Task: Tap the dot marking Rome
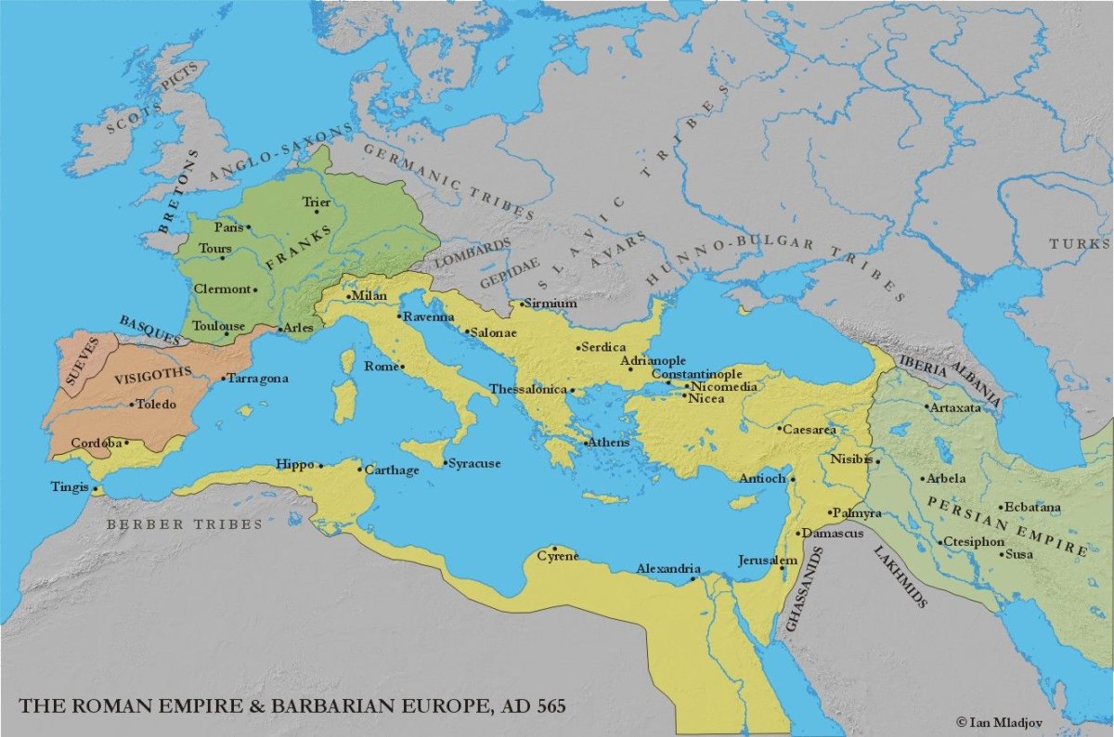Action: [x=404, y=367]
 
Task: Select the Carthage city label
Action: [x=391, y=471]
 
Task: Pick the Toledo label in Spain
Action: [x=156, y=404]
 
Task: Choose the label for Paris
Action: [x=228, y=226]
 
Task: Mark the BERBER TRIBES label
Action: [x=184, y=524]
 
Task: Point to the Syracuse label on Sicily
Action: [x=474, y=462]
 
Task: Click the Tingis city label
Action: [x=71, y=487]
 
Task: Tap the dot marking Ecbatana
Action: [x=1001, y=507]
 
